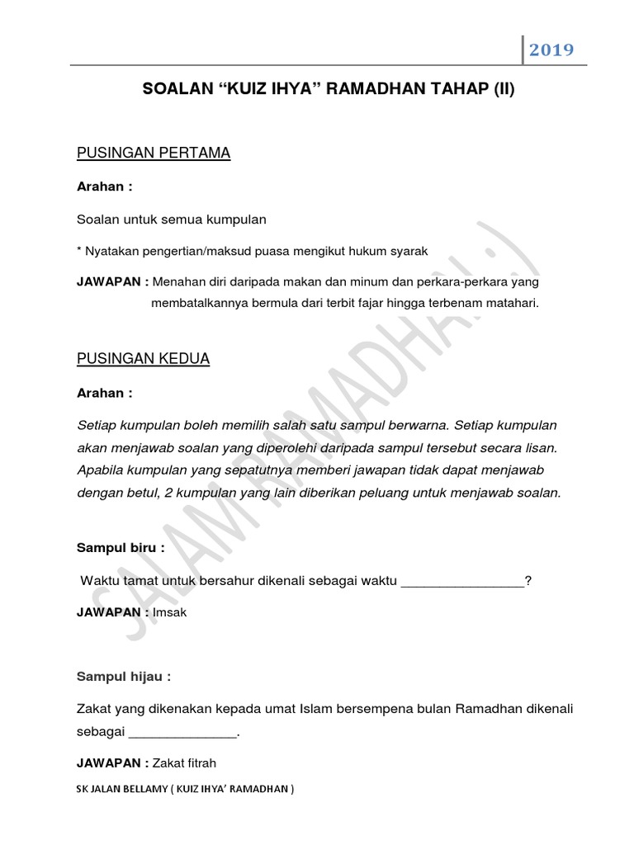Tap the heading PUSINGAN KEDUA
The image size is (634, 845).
click(x=143, y=359)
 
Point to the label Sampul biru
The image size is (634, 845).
click(x=121, y=547)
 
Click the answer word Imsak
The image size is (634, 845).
click(x=172, y=612)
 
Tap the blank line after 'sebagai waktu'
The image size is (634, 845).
click(x=462, y=581)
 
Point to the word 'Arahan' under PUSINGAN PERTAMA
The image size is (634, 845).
click(x=101, y=186)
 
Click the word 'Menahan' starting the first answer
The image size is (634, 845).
click(x=178, y=282)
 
